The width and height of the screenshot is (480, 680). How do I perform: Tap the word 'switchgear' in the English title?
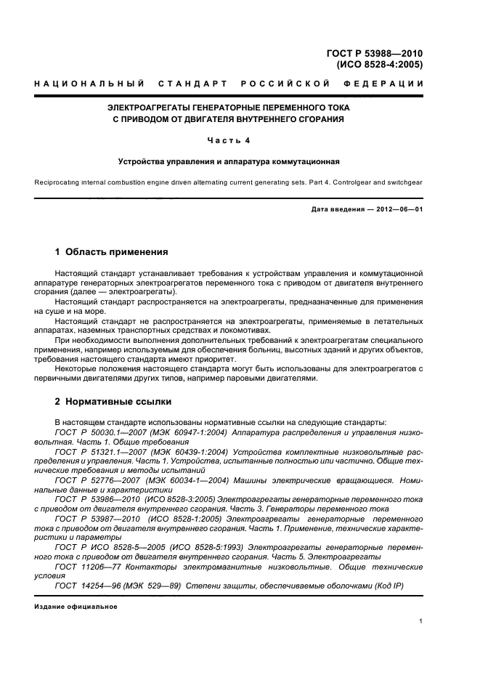pos(402,183)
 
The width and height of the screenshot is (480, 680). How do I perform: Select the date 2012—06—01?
pos(397,210)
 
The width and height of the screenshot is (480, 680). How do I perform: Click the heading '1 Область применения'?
pos(111,252)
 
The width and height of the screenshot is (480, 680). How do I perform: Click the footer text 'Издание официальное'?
pos(70,607)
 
